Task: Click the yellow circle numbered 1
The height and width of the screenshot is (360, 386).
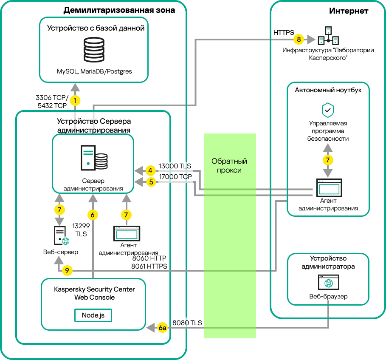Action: coord(75,101)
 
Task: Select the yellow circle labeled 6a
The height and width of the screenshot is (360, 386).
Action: coord(162,328)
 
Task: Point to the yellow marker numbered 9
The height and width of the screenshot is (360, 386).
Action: coord(67,270)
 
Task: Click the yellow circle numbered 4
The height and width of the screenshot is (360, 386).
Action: coord(150,171)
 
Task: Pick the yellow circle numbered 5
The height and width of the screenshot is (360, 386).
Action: coord(150,182)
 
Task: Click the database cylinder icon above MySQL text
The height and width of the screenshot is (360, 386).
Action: coord(94,49)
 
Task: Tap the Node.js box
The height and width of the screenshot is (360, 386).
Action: coord(93,316)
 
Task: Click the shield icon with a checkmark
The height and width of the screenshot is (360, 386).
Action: coord(327,110)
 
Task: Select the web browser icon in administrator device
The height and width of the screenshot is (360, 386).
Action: coord(327,282)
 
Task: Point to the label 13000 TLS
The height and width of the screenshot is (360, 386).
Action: coord(175,166)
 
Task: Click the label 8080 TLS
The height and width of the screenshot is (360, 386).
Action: coord(187,323)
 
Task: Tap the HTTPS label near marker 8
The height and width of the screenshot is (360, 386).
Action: coord(284,32)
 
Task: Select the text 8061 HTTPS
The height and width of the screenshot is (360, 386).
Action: coord(149,266)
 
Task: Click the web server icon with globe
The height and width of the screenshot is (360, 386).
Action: coord(61,235)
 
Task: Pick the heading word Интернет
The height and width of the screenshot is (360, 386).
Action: coord(348,11)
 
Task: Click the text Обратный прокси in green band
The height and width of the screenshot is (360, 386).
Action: coord(229,166)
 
